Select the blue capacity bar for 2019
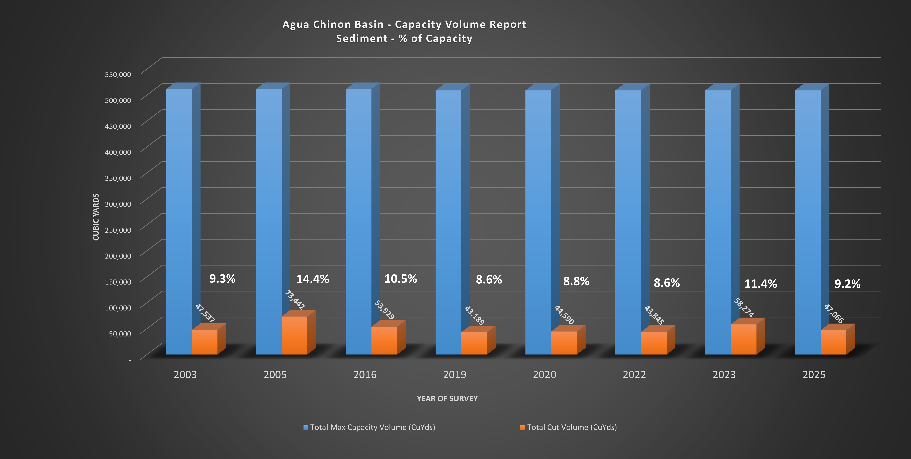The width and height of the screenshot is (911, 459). (448, 212)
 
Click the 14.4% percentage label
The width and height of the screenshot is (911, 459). (313, 279)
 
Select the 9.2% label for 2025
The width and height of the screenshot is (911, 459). (847, 284)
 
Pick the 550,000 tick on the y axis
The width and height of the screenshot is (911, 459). (118, 74)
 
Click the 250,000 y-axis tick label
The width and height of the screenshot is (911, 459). (118, 230)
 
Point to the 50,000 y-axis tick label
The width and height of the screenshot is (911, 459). (120, 334)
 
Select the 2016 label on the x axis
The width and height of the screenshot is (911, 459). (365, 374)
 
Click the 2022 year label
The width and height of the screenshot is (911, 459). (634, 374)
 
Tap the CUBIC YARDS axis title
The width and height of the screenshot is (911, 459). (96, 217)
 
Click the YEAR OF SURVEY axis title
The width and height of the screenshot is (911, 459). (447, 399)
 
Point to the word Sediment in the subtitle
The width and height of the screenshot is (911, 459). (361, 39)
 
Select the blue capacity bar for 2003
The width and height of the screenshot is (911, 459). (179, 212)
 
